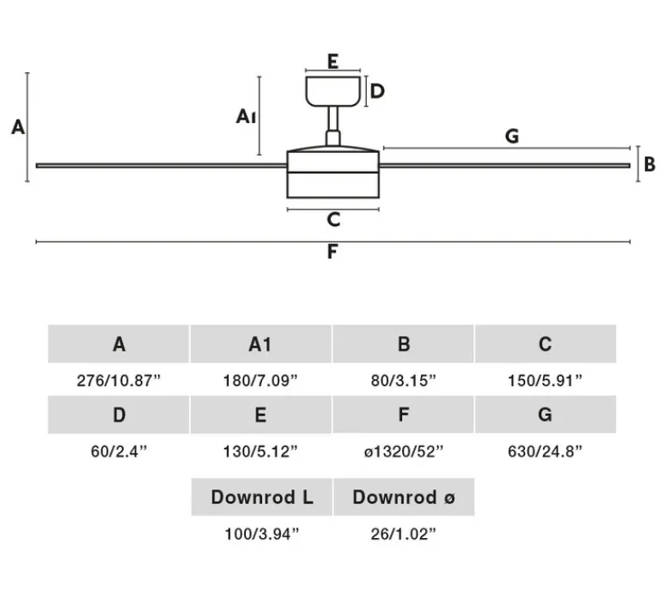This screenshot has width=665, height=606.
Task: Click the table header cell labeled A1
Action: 260,345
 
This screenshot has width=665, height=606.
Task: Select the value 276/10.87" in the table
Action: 119,380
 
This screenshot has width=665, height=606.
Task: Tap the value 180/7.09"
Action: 260,380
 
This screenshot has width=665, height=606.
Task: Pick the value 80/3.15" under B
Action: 403,380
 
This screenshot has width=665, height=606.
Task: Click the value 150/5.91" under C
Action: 545,380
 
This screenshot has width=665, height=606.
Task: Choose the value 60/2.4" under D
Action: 119,450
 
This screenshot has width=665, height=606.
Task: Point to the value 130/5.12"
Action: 260,450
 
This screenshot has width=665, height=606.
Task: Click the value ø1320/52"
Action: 403,450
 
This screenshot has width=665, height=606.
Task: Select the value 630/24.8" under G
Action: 545,450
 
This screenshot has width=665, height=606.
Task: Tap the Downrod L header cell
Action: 261,497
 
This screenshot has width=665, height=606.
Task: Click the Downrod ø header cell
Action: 403,497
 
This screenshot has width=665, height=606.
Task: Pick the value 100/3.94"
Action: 261,534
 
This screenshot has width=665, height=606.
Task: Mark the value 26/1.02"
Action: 403,534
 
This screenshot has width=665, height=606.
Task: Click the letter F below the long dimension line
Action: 332,253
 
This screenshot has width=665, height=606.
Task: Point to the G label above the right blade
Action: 512,136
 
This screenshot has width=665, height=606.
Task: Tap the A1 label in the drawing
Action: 247,116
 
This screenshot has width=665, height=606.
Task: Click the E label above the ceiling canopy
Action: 332,61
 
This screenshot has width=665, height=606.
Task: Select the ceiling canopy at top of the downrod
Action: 332,90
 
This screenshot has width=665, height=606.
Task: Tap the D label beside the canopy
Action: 376,91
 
